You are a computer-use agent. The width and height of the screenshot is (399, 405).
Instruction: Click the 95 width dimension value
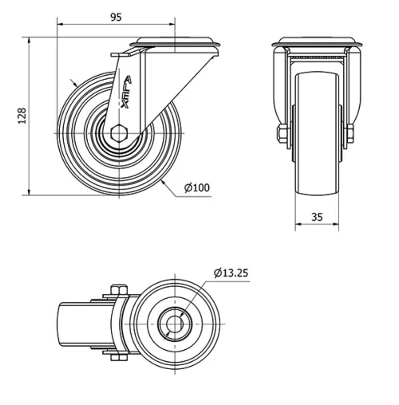pyautogui.click(x=117, y=16)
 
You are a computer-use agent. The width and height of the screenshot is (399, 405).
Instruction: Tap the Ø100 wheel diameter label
pyautogui.click(x=196, y=188)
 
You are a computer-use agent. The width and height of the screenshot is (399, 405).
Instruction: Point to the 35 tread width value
pyautogui.click(x=316, y=215)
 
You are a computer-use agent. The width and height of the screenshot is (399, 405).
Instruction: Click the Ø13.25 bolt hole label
pyautogui.click(x=231, y=273)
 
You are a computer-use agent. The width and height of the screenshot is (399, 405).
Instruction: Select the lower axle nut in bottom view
pyautogui.click(x=114, y=358)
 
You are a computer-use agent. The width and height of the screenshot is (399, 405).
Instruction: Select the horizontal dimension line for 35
pyautogui.click(x=316, y=226)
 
